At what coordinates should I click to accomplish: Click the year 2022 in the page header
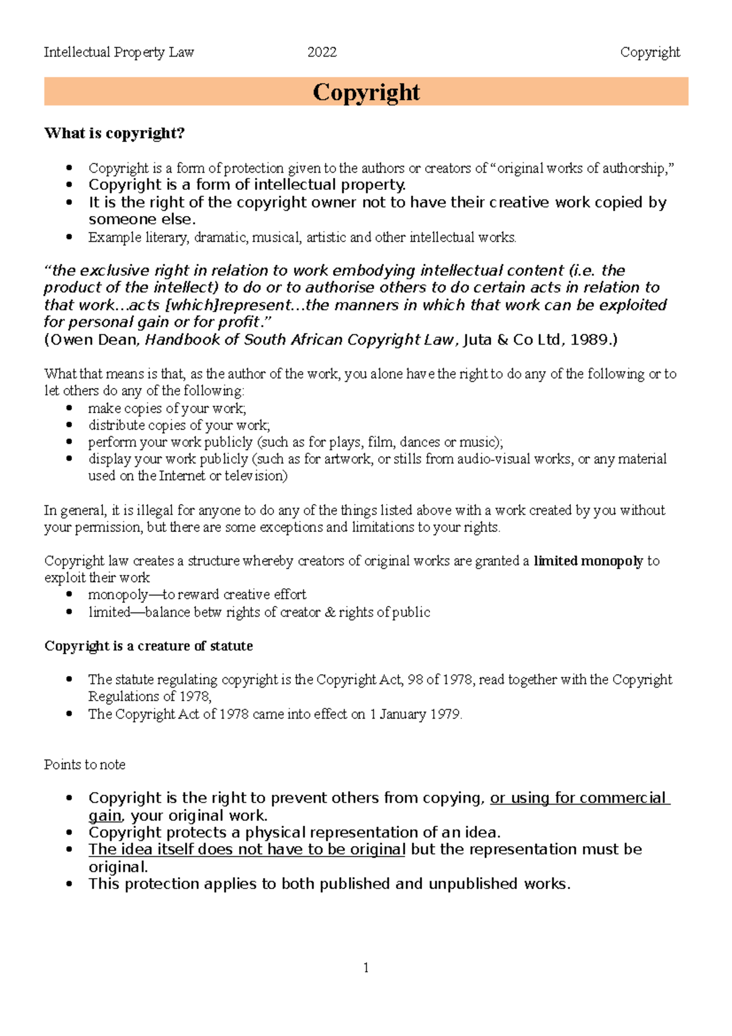[x=322, y=52]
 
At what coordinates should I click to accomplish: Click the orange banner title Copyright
[x=366, y=92]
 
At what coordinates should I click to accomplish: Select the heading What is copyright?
[x=114, y=133]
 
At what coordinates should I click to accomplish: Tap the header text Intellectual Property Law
[x=118, y=52]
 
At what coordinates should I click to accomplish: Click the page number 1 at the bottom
[x=365, y=968]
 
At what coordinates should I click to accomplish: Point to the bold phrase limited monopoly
[x=588, y=561]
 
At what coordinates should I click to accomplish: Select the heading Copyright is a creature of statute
[x=148, y=646]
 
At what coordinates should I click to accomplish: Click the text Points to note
[x=84, y=764]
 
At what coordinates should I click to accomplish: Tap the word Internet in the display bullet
[x=182, y=476]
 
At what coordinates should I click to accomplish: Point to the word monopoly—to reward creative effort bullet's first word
[x=118, y=594]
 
